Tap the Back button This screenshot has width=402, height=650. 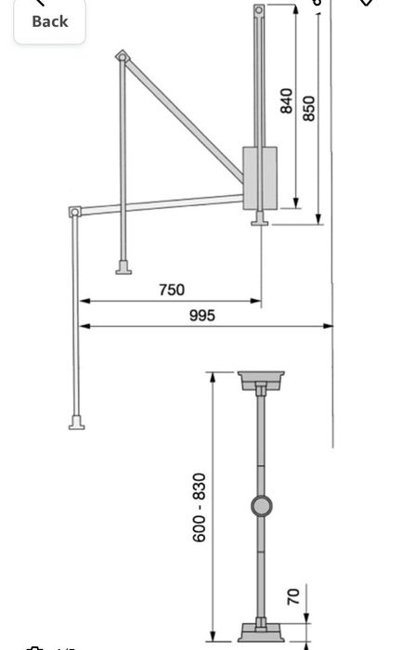[x=49, y=20]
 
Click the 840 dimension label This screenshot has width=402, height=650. [x=287, y=100]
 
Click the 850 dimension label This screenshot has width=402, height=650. [x=310, y=108]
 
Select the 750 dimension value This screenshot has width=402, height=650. [x=171, y=290]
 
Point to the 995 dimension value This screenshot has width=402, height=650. [x=201, y=315]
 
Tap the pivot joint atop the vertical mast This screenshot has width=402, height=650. [x=259, y=11]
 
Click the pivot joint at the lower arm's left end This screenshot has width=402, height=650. [x=74, y=213]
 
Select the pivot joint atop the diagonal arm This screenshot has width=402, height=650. [x=121, y=57]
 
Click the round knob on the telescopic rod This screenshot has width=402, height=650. [x=261, y=506]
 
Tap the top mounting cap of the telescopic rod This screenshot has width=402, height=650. [x=261, y=380]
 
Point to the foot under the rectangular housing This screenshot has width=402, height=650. [x=260, y=220]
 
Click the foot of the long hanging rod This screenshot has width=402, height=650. [x=75, y=422]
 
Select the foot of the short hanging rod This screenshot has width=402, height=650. [x=122, y=269]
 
